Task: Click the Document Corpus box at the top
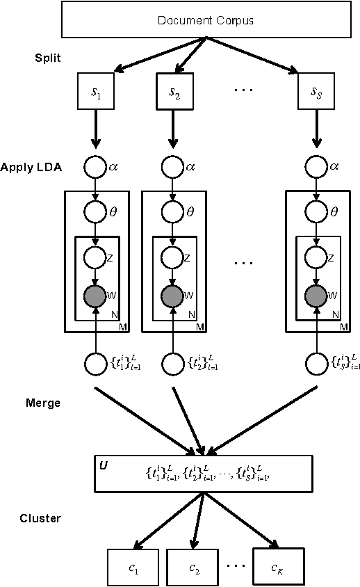(205, 20)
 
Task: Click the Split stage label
(47, 58)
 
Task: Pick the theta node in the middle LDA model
(174, 211)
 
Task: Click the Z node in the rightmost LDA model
(318, 257)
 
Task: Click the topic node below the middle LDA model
(174, 363)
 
